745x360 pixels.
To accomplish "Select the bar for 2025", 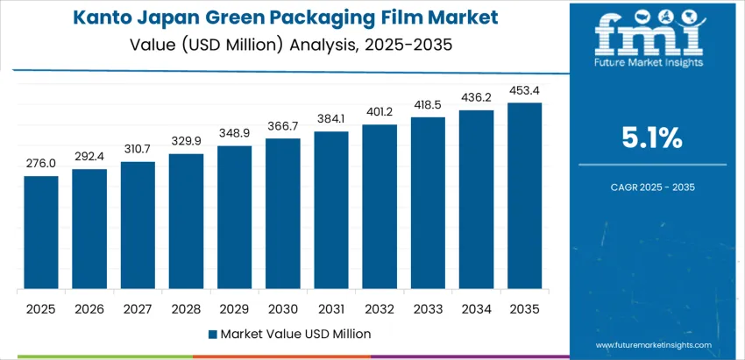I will point(41,232).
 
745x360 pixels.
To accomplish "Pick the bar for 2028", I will point(186,222).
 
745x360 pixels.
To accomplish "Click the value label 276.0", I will point(41,163).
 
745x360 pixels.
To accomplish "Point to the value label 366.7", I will point(283,126).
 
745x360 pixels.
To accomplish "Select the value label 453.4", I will point(524,89).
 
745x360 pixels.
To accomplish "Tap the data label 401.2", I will point(380,111).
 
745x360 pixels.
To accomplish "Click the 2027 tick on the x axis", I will point(138,309).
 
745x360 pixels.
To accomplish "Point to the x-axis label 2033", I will point(428,309).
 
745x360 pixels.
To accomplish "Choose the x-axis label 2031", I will point(331,309).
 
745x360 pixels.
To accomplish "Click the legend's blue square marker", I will point(213,334).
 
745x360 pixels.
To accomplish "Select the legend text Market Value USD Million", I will point(295,334).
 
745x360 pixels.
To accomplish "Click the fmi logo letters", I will point(649,35).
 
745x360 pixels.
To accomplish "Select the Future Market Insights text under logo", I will point(649,64).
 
